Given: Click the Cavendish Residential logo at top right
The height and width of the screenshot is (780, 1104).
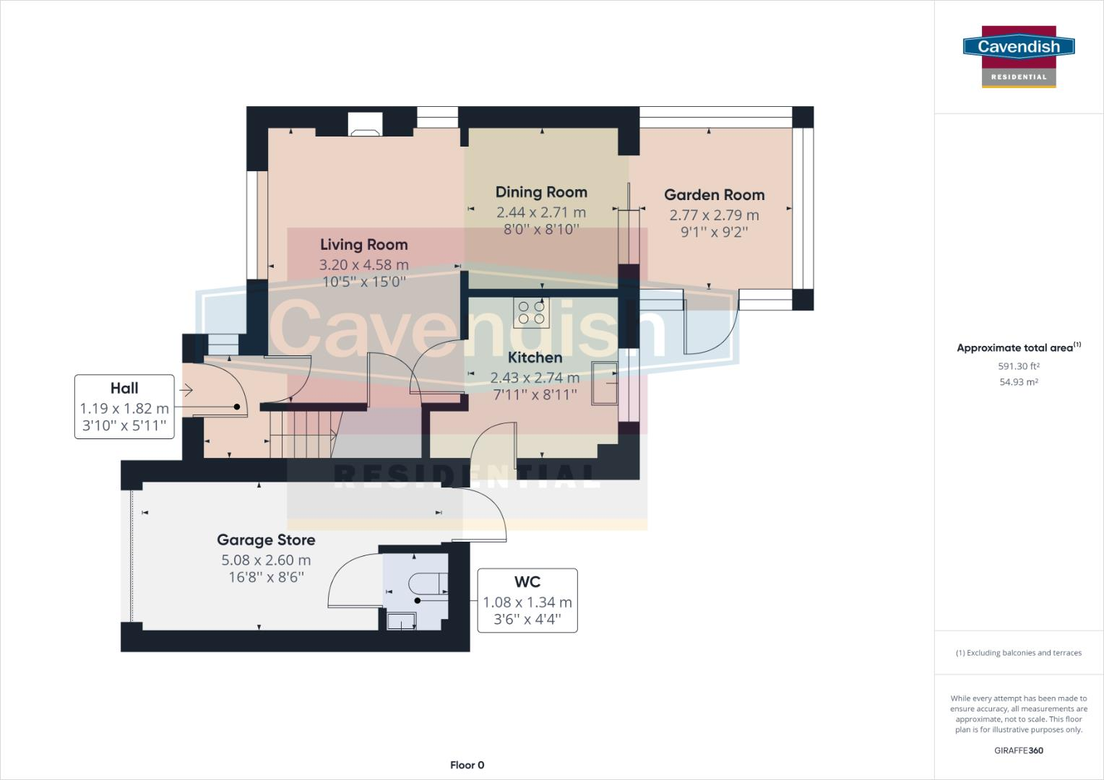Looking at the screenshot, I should click(1019, 56).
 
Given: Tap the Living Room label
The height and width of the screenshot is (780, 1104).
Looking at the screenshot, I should click(363, 245).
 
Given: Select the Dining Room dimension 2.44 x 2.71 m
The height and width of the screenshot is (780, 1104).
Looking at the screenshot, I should click(540, 212).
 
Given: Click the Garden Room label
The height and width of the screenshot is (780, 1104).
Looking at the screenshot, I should click(714, 195).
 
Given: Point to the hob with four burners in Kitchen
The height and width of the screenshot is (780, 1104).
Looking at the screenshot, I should click(531, 313).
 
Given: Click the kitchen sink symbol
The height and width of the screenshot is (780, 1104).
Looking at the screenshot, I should click(604, 383).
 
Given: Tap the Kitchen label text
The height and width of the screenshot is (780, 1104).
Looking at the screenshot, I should click(535, 357).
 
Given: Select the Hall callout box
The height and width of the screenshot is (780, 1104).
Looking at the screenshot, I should click(124, 407).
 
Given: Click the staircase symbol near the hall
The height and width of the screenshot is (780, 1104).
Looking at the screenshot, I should click(303, 433).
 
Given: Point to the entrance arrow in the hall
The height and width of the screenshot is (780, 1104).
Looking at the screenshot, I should click(186, 391).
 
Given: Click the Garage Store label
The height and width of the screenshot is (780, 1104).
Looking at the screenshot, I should click(266, 540).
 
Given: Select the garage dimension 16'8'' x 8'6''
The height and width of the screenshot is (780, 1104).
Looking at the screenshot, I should click(266, 577).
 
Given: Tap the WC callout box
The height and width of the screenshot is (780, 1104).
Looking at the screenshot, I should click(527, 600).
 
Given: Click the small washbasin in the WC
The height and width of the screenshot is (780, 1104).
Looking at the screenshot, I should click(401, 621).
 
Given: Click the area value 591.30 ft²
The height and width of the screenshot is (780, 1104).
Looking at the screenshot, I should click(1019, 366).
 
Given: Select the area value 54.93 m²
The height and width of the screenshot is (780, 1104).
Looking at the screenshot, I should click(1019, 382).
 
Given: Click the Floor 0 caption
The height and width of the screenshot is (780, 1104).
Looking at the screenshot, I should click(467, 765).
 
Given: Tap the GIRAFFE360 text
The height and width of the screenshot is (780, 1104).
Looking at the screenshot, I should click(1018, 750).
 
